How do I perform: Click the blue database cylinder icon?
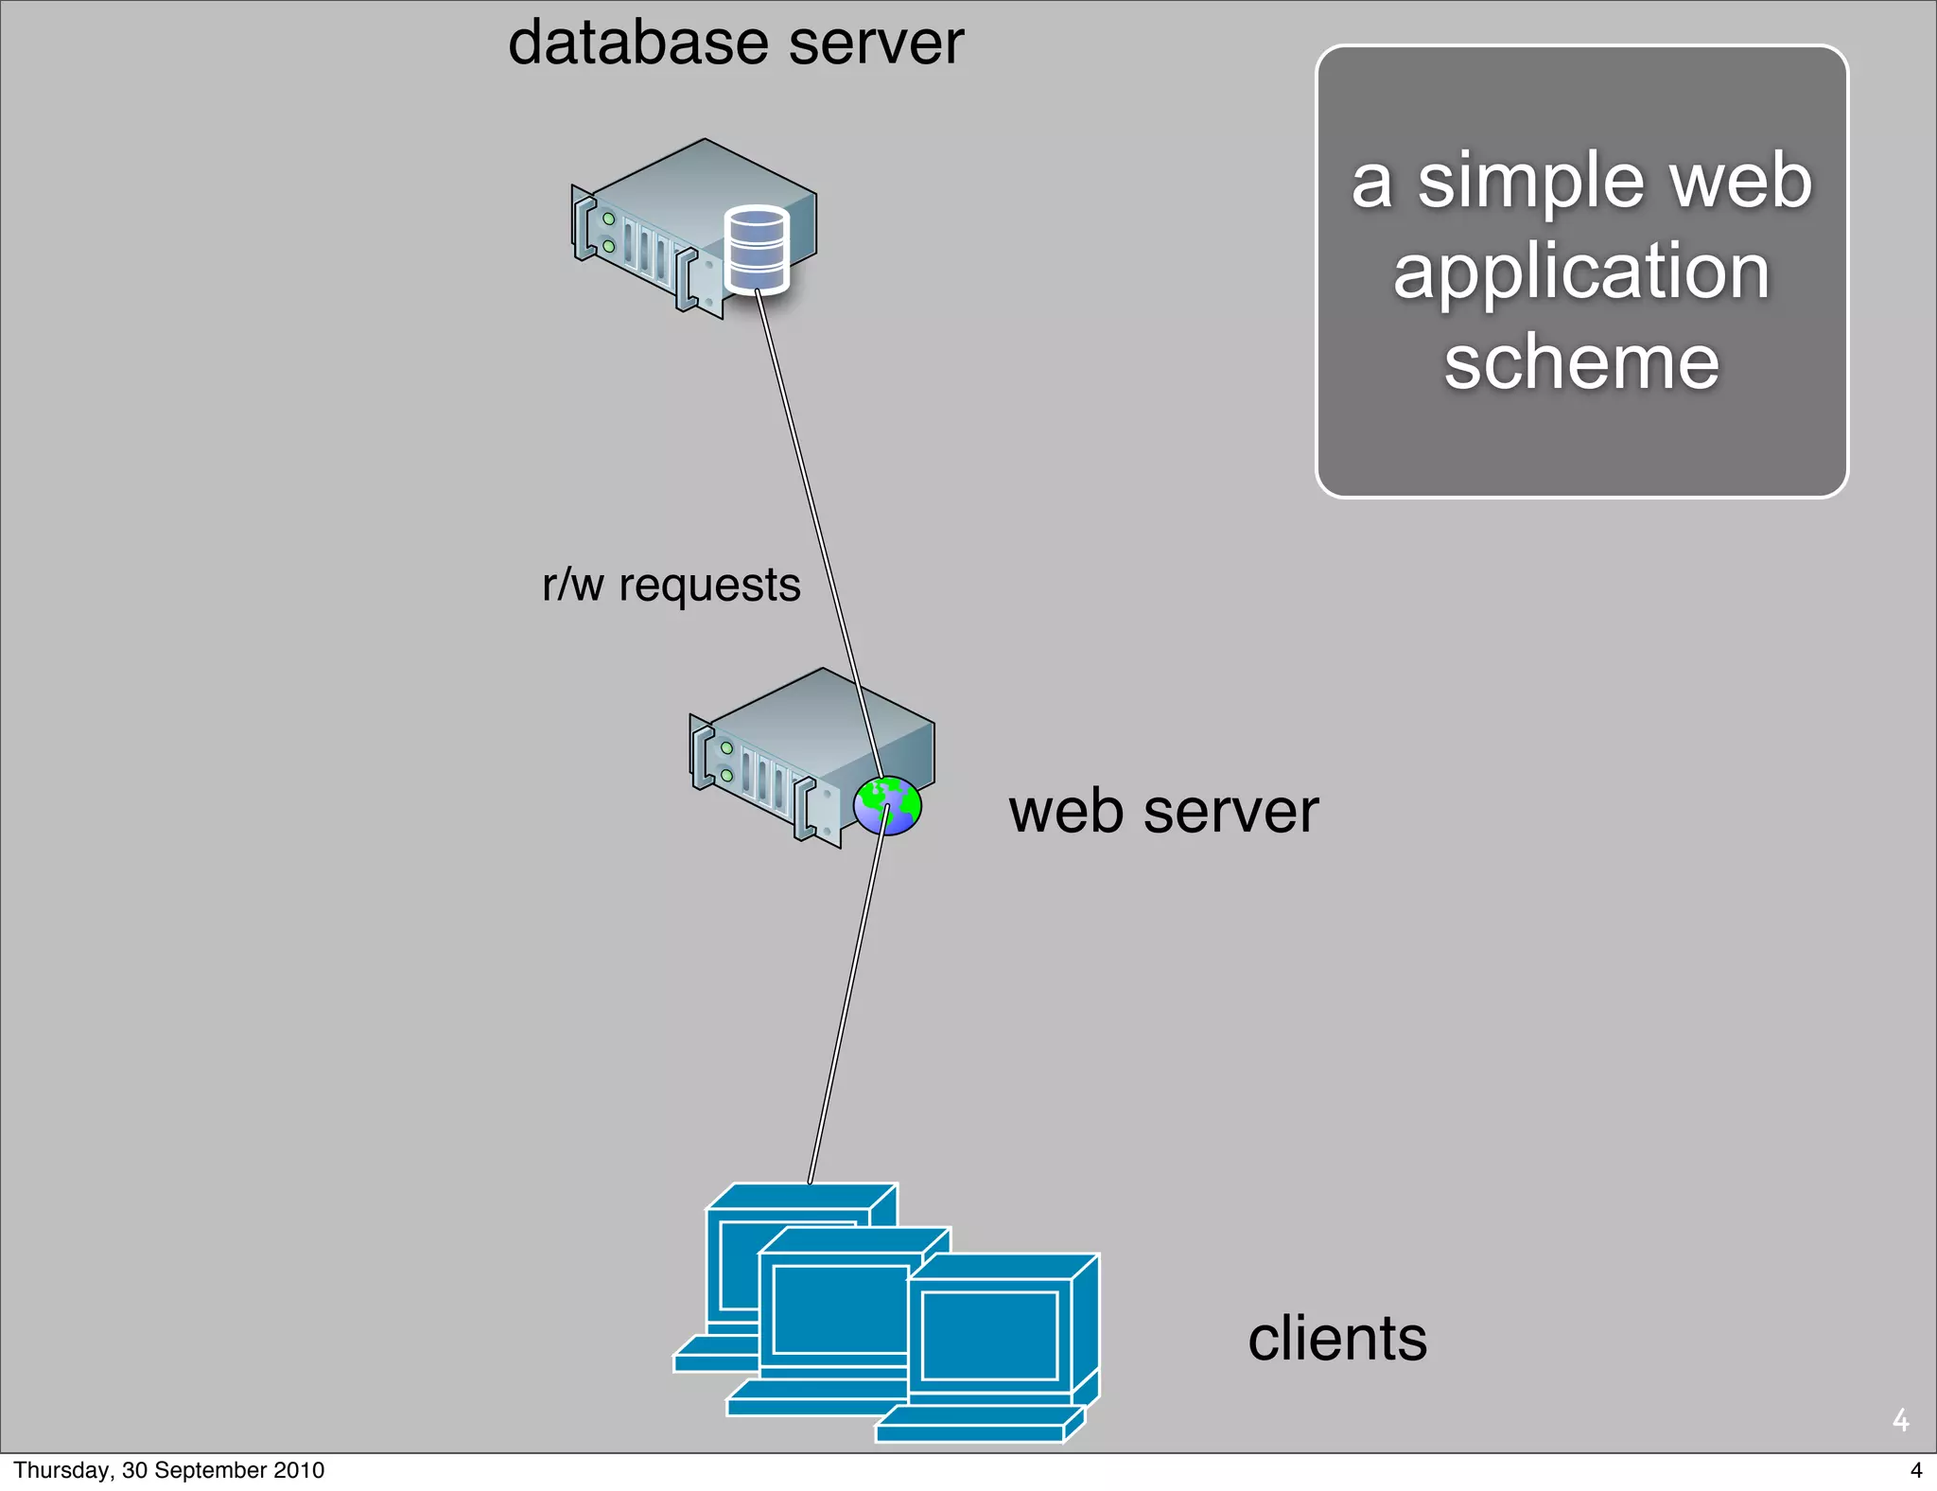pyautogui.click(x=756, y=250)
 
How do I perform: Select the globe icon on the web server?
pyautogui.click(x=887, y=805)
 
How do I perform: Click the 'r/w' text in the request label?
pyautogui.click(x=572, y=586)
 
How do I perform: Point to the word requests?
pyautogui.click(x=709, y=586)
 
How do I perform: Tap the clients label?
pyautogui.click(x=1336, y=1339)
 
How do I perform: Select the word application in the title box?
pyautogui.click(x=1581, y=272)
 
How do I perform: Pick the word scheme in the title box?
pyautogui.click(x=1581, y=362)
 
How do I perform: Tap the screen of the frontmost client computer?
pyautogui.click(x=989, y=1335)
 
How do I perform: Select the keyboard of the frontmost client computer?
pyautogui.click(x=974, y=1424)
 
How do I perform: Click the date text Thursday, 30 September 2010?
pyautogui.click(x=168, y=1470)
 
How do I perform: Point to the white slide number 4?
pyautogui.click(x=1900, y=1420)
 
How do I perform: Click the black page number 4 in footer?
pyautogui.click(x=1916, y=1470)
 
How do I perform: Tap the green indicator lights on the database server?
pyautogui.click(x=608, y=233)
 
